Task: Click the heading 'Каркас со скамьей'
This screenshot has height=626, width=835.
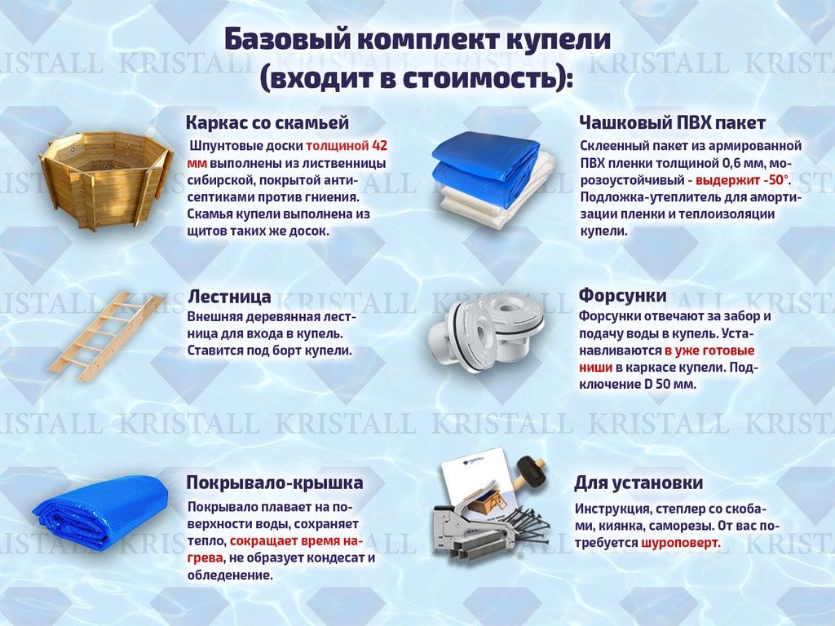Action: tap(267, 122)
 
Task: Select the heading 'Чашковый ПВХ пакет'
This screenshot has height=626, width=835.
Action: tap(672, 122)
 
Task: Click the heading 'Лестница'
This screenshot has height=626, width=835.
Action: tap(229, 296)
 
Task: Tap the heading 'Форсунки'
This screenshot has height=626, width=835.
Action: tap(622, 295)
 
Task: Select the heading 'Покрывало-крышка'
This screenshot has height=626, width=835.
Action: tap(275, 483)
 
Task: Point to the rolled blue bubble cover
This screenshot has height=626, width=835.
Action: tap(101, 510)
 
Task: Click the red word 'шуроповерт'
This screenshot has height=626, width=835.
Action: tap(680, 543)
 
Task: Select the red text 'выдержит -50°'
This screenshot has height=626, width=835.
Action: tap(738, 180)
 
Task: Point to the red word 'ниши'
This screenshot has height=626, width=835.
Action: tap(595, 368)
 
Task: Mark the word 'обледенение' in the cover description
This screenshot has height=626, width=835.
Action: tap(230, 575)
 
